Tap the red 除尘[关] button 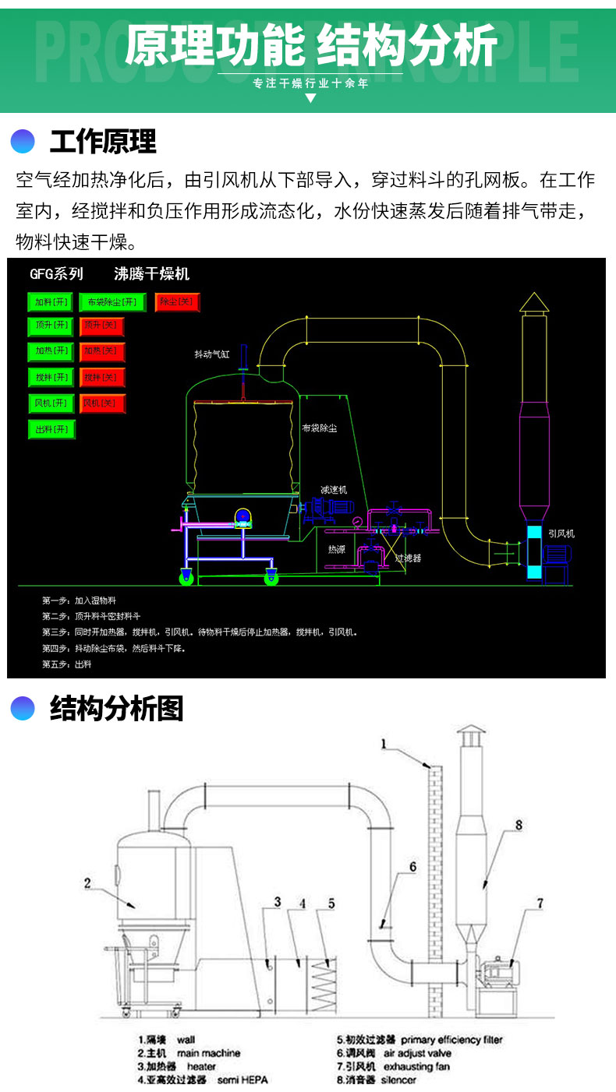(178, 301)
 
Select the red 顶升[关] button (102, 325)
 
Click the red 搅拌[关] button (102, 378)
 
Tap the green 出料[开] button (52, 429)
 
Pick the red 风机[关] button (102, 403)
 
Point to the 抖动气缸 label (213, 354)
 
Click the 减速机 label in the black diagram (333, 490)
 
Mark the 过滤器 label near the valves (408, 558)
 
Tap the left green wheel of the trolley (187, 577)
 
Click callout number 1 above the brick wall (384, 743)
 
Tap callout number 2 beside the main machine (88, 882)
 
